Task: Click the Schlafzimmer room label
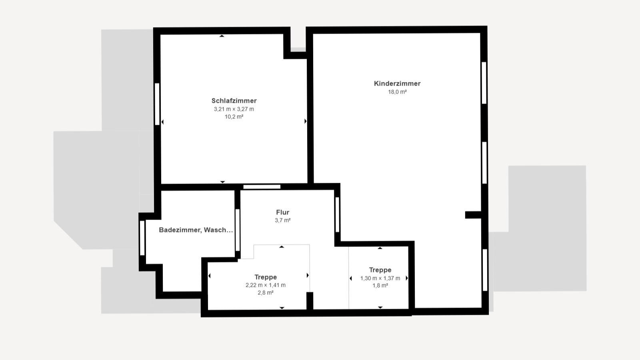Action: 234,101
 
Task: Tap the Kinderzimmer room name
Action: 397,84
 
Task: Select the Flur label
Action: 282,212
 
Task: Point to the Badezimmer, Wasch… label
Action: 196,230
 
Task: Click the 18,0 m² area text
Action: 397,92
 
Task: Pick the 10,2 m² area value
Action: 234,116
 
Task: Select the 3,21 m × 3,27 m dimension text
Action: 234,109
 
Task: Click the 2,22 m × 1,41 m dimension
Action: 266,285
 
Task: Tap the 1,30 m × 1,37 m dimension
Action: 380,278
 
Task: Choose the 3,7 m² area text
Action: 282,220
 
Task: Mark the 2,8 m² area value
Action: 266,292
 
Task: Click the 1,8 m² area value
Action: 380,286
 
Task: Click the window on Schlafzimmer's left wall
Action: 157,104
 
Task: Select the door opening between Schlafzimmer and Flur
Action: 262,187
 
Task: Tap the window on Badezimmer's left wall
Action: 142,238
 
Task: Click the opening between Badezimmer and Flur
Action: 238,230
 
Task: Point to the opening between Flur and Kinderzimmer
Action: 337,214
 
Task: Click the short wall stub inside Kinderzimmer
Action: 473,215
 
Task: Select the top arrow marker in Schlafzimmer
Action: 222,36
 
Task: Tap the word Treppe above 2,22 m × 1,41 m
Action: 266,277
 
